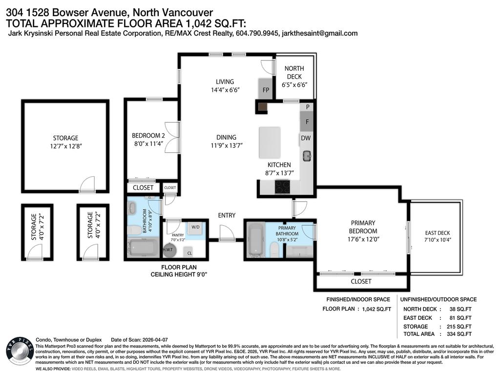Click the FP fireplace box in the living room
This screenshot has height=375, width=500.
click(265, 89)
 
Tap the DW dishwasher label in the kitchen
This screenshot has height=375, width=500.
click(306, 138)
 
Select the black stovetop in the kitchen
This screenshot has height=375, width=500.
click(283, 186)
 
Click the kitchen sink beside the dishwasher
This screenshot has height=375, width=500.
click(307, 156)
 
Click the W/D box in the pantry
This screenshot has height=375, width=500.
click(195, 227)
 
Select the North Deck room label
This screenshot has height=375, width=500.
click(294, 73)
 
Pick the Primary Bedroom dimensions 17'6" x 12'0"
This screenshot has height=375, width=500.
click(363, 239)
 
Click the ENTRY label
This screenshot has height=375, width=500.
click(227, 215)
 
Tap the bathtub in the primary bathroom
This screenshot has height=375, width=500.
click(256, 239)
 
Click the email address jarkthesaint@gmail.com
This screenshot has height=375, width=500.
click(317, 33)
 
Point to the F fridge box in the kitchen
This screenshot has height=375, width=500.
click(307, 122)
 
